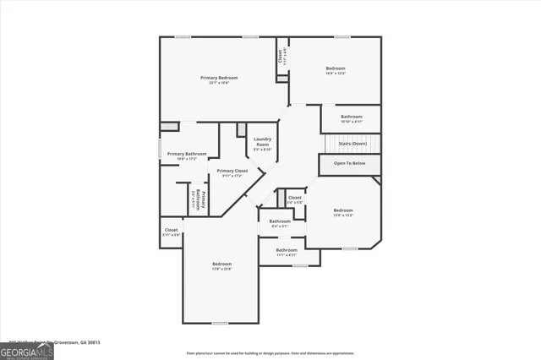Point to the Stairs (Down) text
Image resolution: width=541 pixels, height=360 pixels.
click(350, 145)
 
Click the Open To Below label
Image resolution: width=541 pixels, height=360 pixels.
click(350, 162)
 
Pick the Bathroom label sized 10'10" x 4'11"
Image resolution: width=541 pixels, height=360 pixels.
click(352, 117)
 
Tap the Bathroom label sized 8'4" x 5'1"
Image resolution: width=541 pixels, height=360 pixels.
click(280, 221)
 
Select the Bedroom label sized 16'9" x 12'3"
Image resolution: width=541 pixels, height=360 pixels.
click(336, 68)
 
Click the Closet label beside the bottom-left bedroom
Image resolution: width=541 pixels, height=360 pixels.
click(172, 230)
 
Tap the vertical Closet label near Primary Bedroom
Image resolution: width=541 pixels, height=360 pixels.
click(280, 57)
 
